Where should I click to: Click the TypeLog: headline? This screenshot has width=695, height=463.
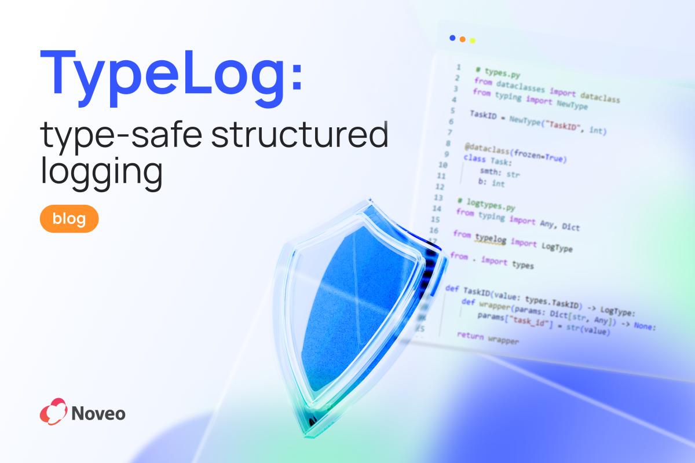pos(171,74)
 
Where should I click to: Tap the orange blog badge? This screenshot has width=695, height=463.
pos(69,219)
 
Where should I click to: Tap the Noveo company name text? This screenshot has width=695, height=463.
pos(99,413)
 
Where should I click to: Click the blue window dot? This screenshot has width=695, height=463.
pos(452,38)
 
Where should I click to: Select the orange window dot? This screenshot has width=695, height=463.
pos(462,39)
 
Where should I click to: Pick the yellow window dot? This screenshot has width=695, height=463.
pos(473,41)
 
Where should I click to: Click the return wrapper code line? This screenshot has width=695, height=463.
pos(488,338)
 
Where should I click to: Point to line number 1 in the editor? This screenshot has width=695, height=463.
pos(458,67)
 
